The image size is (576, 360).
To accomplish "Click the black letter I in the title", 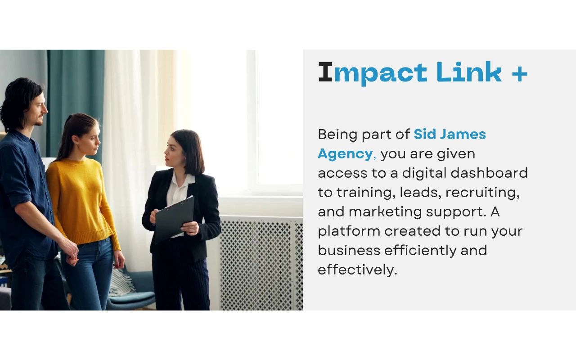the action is [325, 72].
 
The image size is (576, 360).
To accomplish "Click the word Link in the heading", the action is [469, 72].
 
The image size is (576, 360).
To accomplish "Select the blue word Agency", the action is [345, 154].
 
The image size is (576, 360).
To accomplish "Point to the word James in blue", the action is [463, 134].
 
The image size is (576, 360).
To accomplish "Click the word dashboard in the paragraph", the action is [489, 173].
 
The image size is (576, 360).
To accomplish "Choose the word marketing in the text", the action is [385, 212].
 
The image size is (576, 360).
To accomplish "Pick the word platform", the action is [349, 231].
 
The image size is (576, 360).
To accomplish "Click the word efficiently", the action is [420, 251].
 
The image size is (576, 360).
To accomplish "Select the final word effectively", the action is [358, 270].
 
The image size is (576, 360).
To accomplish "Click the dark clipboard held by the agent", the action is [174, 219].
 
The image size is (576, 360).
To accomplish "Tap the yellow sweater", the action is [83, 203].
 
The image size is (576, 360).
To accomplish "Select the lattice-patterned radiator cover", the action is [261, 264].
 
